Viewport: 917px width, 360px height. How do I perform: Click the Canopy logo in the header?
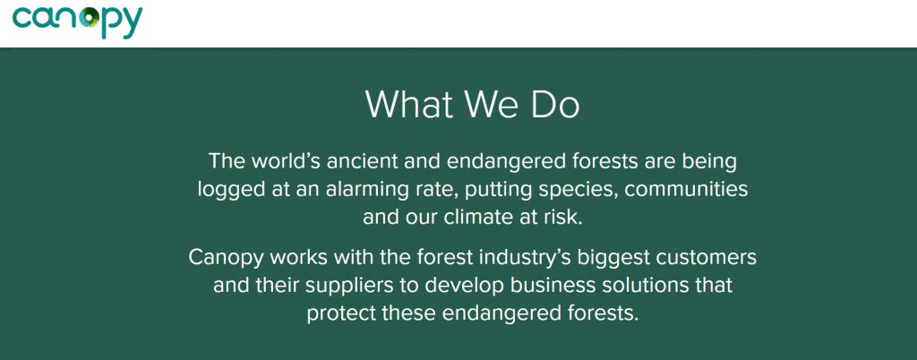tap(77, 20)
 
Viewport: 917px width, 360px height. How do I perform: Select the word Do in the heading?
tap(554, 105)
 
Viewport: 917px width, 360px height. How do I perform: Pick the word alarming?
tap(376, 190)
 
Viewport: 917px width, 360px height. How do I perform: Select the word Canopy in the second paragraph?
tap(225, 258)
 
